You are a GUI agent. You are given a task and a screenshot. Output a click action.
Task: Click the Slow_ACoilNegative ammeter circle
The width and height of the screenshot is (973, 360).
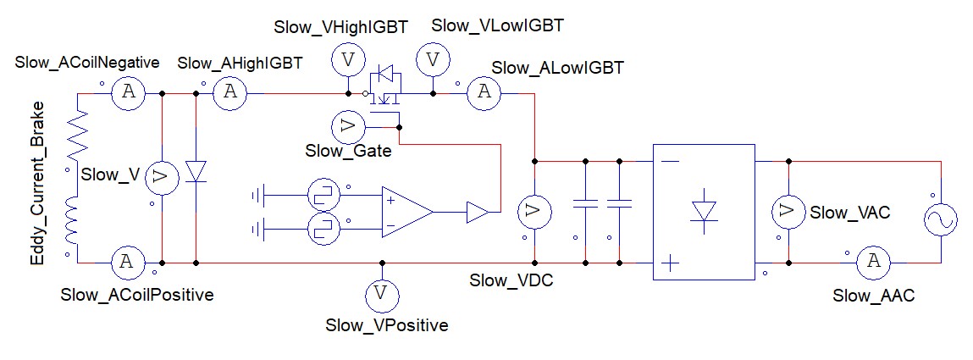click(128, 93)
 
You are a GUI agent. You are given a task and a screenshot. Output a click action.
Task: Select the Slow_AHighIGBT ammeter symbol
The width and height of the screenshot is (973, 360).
click(228, 93)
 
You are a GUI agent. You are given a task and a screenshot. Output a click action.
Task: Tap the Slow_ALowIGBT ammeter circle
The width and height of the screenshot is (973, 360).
click(484, 93)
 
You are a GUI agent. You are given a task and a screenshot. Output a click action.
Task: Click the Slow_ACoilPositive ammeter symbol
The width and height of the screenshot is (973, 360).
click(127, 263)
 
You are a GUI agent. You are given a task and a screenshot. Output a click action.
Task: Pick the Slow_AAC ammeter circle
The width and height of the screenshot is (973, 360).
click(870, 263)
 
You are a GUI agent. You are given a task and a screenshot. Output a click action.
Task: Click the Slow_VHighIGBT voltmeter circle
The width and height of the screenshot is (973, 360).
click(346, 60)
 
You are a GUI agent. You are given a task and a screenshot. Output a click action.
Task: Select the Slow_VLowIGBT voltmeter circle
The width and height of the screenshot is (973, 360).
click(434, 60)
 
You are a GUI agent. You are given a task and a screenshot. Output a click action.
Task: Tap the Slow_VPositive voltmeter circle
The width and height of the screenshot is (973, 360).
click(381, 294)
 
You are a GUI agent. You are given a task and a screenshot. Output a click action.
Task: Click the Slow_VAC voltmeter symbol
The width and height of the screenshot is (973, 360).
click(788, 212)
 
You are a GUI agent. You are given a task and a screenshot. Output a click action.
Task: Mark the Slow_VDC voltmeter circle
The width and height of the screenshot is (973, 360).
click(533, 212)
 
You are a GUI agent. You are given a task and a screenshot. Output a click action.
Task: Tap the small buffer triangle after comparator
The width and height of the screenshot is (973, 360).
click(477, 212)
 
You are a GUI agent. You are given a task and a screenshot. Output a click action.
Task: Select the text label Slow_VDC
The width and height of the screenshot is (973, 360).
click(511, 280)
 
